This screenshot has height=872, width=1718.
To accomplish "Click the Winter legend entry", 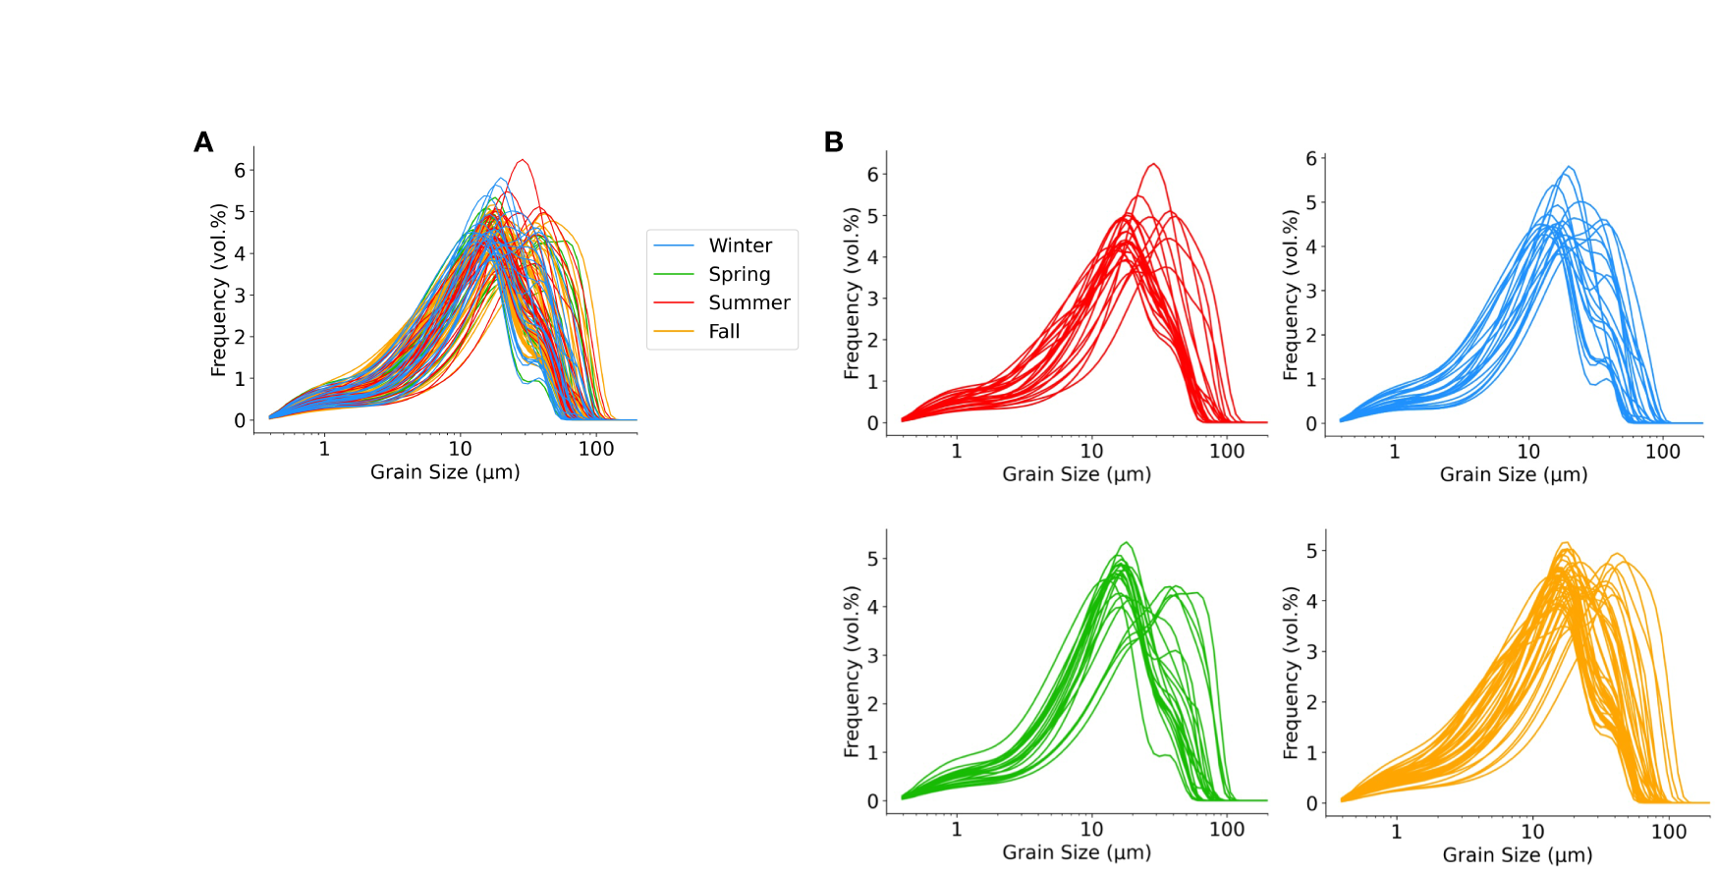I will click(740, 245).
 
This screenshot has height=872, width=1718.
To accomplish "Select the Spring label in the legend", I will click(739, 274).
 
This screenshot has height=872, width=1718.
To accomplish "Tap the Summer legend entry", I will click(748, 302).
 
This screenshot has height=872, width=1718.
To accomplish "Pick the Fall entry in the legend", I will click(724, 331).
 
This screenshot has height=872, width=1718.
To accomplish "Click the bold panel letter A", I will click(203, 143).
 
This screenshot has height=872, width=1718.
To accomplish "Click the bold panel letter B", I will click(833, 143).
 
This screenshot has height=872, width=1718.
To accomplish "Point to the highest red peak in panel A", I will click(522, 160).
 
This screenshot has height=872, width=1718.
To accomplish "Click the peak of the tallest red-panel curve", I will click(1153, 164).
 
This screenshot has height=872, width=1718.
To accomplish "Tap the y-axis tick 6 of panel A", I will click(240, 171).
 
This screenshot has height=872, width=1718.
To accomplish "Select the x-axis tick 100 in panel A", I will click(596, 449).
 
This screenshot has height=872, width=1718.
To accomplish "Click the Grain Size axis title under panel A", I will click(445, 472).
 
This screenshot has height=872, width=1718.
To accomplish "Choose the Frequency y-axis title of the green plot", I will click(851, 672).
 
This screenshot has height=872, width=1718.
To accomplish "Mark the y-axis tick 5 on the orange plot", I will click(1311, 551).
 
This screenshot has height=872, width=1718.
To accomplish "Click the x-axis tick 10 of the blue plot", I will click(1528, 452).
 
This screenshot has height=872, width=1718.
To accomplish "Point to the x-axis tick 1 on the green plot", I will click(956, 829).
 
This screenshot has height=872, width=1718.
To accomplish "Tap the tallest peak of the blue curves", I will click(1569, 167).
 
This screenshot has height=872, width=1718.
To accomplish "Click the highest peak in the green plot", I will click(1126, 542).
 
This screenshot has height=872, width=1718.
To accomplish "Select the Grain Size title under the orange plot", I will click(1517, 855).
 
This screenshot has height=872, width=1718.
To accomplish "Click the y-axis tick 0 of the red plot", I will click(872, 423).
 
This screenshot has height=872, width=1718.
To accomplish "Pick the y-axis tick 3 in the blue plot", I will click(1310, 292).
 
